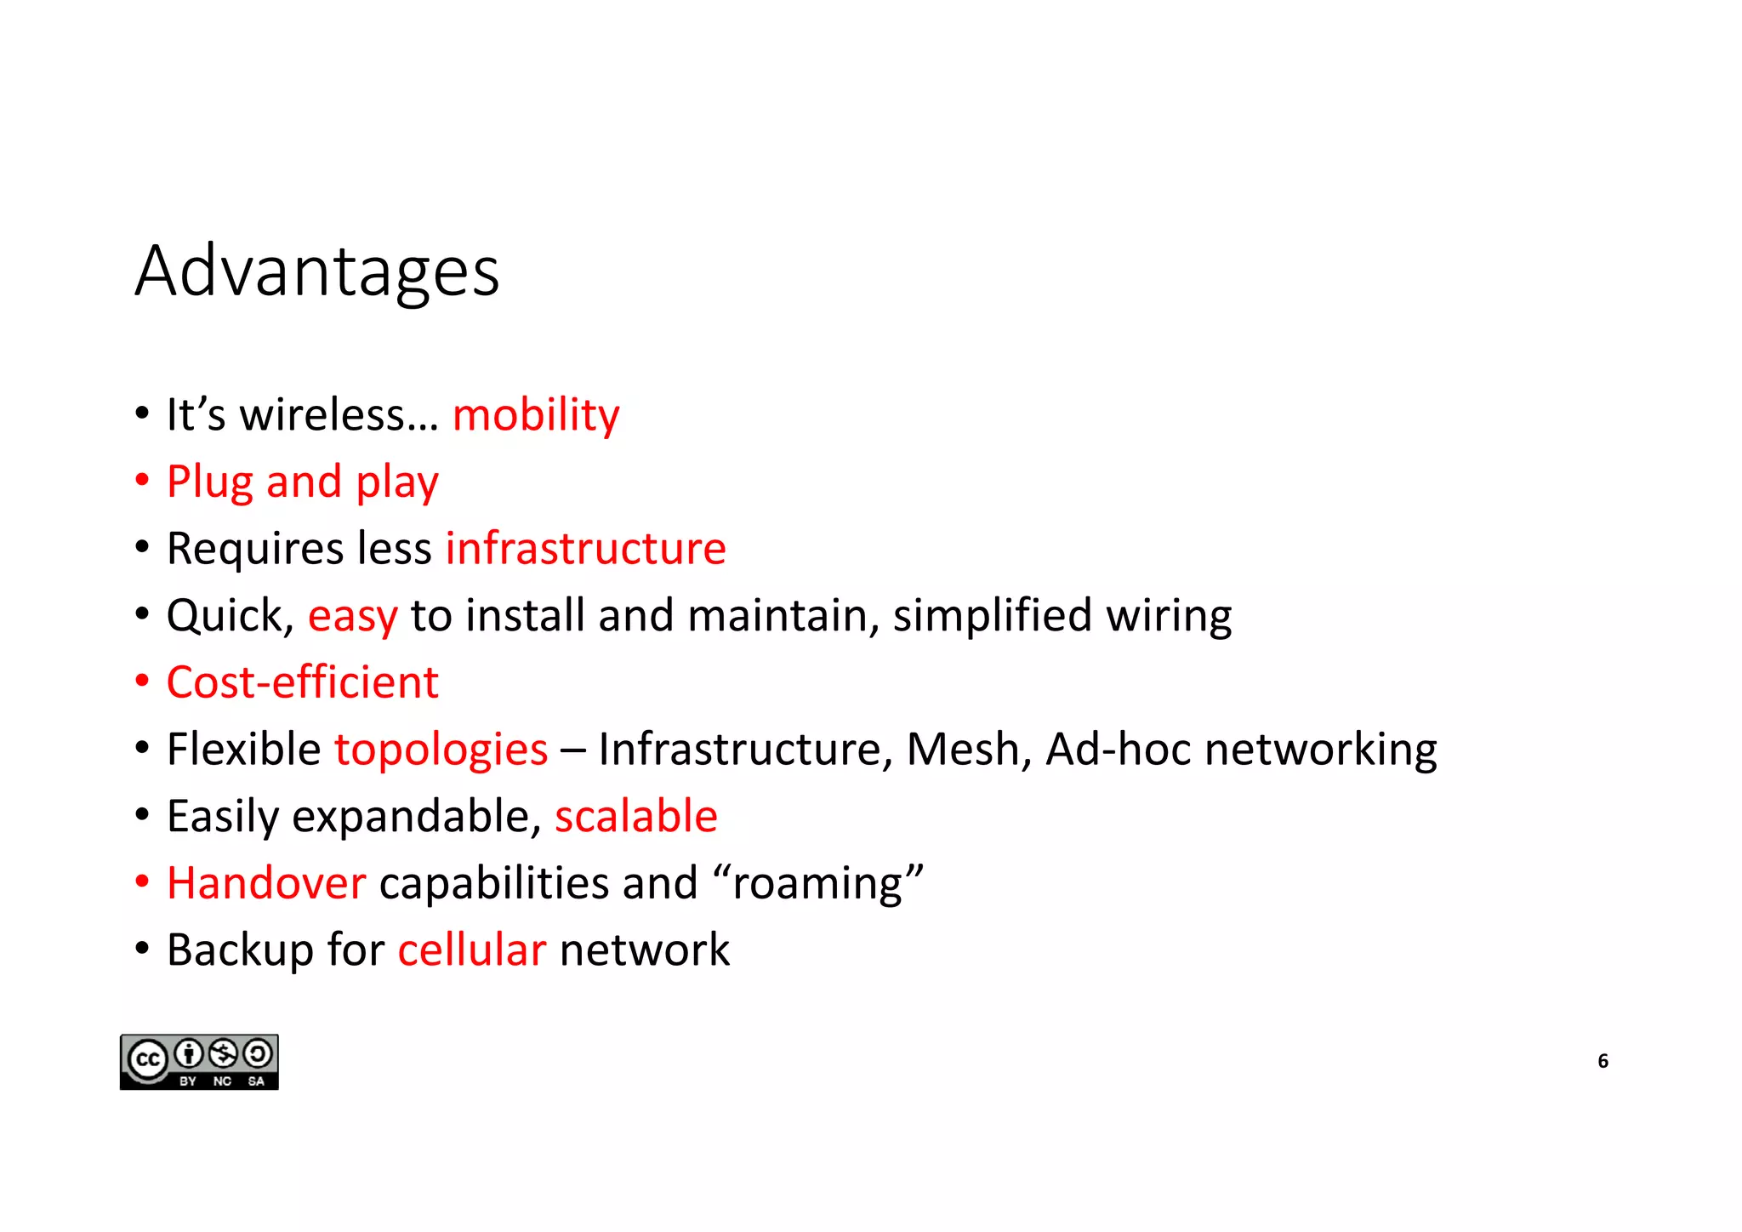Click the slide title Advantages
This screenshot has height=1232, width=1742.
point(316,271)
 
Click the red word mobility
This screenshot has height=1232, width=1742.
point(535,415)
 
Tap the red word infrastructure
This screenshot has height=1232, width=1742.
point(585,548)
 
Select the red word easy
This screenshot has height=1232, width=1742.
point(352,616)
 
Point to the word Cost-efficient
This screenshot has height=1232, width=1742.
point(302,682)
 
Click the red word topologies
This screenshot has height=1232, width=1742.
point(441,750)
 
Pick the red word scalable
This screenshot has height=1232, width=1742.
point(635,816)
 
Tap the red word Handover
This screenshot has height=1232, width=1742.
point(266,883)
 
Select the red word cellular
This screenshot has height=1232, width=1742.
point(471,950)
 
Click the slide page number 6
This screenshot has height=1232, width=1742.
point(1603,1061)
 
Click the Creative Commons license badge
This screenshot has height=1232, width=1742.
point(199,1062)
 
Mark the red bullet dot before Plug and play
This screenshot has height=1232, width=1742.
point(142,481)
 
